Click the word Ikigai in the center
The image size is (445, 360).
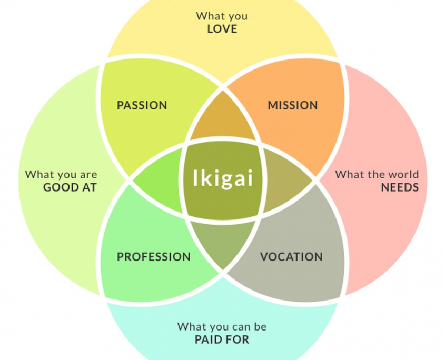pyautogui.click(x=222, y=178)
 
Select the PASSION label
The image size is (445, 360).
pyautogui.click(x=142, y=105)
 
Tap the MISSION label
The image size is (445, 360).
pyautogui.click(x=293, y=105)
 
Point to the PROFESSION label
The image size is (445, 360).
pyautogui.click(x=154, y=257)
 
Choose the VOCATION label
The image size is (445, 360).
pyautogui.click(x=291, y=257)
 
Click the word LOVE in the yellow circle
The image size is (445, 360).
pyautogui.click(x=222, y=29)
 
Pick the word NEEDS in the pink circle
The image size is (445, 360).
pyautogui.click(x=400, y=187)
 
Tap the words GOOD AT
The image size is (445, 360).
pyautogui.click(x=70, y=187)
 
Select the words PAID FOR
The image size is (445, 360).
pyautogui.click(x=222, y=339)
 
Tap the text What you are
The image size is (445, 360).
pyautogui.click(x=61, y=174)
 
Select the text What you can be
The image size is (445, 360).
pyautogui.click(x=222, y=326)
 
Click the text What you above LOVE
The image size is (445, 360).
pyautogui.click(x=222, y=16)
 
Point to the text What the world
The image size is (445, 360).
pyautogui.click(x=377, y=174)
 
